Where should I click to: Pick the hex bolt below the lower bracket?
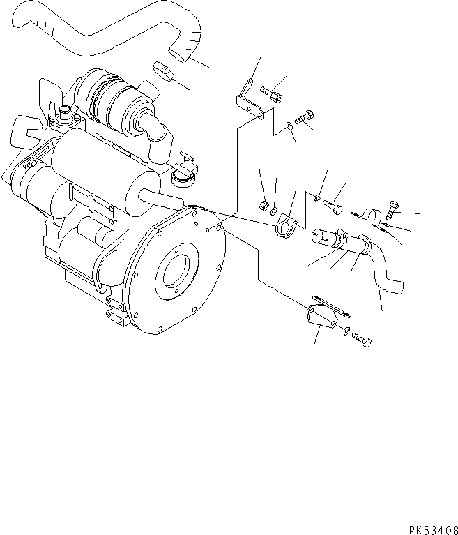point(362,339)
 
